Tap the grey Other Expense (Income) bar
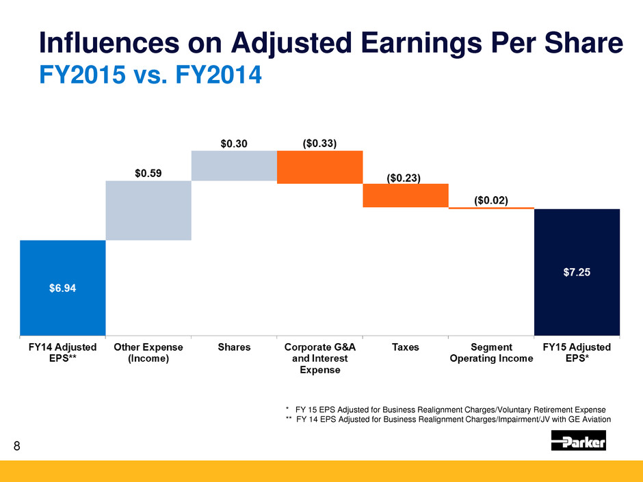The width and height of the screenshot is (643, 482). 148,210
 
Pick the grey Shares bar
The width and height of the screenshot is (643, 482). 234,165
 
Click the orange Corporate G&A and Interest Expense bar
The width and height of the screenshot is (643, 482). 319,167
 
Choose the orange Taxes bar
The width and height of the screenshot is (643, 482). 405,195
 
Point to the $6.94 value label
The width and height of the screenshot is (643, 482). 62,288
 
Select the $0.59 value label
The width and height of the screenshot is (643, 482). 148,173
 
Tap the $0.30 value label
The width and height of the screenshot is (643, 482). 233,144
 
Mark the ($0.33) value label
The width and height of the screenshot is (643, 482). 319,144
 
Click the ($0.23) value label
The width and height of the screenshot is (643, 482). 404,177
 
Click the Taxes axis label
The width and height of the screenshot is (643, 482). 405,347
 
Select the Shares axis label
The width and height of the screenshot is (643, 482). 234,347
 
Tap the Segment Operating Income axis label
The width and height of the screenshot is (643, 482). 490,353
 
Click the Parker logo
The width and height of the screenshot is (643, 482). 578,443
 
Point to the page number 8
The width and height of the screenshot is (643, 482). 18,447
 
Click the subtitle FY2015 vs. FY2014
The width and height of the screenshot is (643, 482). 150,73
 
